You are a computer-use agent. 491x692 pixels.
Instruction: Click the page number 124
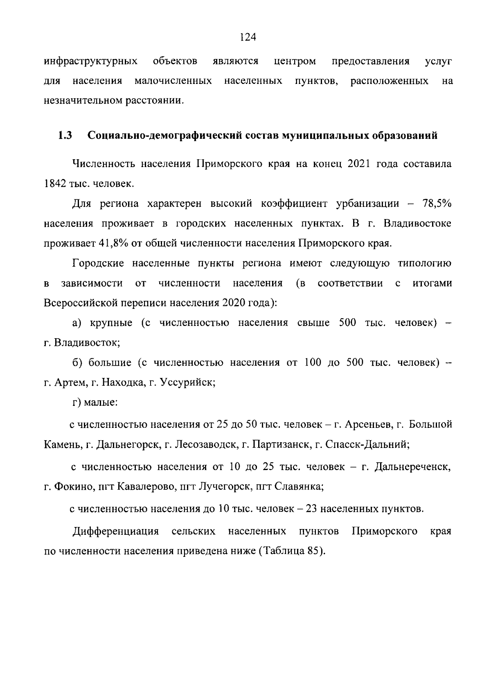point(248,38)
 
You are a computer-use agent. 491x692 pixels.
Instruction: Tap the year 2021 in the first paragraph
point(359,164)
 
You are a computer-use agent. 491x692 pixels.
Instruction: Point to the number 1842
point(55,184)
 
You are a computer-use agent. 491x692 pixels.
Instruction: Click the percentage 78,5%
point(437,204)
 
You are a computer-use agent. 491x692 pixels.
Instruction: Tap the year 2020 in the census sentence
point(235,303)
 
